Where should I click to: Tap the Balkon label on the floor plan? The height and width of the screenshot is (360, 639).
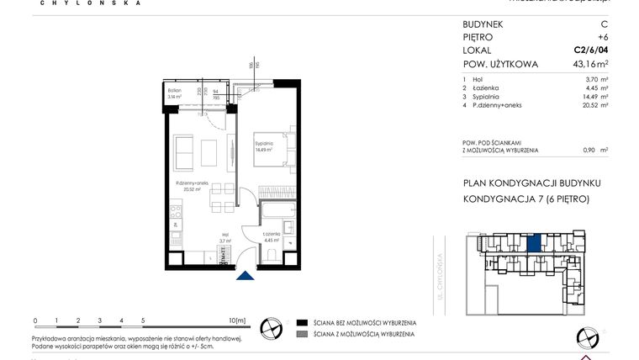click(174, 90)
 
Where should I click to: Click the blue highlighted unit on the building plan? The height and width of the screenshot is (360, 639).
click(534, 244)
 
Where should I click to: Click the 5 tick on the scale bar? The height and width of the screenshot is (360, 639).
click(143, 320)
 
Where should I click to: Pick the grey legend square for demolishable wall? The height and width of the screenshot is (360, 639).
click(301, 335)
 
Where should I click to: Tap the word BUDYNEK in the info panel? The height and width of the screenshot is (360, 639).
click(483, 24)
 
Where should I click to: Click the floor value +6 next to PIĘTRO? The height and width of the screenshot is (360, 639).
click(603, 38)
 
